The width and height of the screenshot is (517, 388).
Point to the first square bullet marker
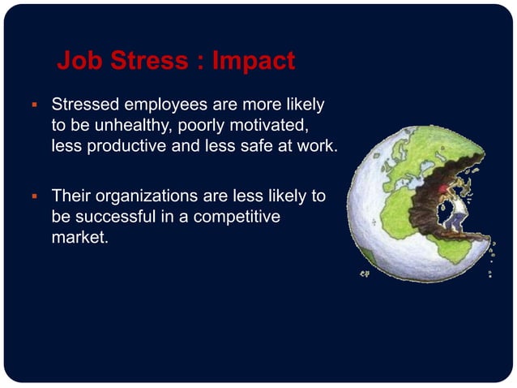point(34,106)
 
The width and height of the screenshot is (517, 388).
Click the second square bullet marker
point(34,196)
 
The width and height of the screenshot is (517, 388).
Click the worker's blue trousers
point(459,224)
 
